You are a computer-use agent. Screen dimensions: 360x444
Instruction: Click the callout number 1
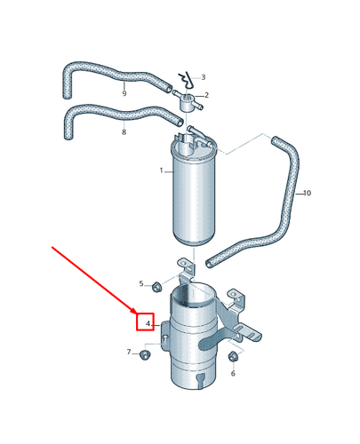(x=162, y=170)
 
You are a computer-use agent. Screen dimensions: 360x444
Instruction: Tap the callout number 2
(x=206, y=95)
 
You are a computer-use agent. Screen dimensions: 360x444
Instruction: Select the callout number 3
(x=204, y=77)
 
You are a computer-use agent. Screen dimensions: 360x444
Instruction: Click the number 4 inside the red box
(x=148, y=324)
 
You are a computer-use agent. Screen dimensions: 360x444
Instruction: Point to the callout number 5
(x=141, y=284)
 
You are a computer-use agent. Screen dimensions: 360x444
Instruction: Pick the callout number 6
(x=233, y=374)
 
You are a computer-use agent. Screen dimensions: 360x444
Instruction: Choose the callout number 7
(x=129, y=352)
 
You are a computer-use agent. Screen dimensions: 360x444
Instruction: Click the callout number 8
(x=124, y=131)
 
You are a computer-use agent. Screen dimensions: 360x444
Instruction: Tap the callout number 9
(x=124, y=93)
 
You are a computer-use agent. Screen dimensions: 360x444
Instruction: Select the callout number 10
(x=308, y=193)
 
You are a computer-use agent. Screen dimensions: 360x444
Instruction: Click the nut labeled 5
(x=156, y=288)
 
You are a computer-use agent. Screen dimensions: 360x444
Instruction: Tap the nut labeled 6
(x=233, y=356)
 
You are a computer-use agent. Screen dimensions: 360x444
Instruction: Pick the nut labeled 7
(x=145, y=354)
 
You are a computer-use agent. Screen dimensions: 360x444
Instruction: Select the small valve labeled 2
(x=188, y=102)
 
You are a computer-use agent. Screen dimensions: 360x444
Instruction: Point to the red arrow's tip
(x=137, y=314)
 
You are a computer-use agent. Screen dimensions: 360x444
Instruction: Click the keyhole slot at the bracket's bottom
(x=201, y=379)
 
